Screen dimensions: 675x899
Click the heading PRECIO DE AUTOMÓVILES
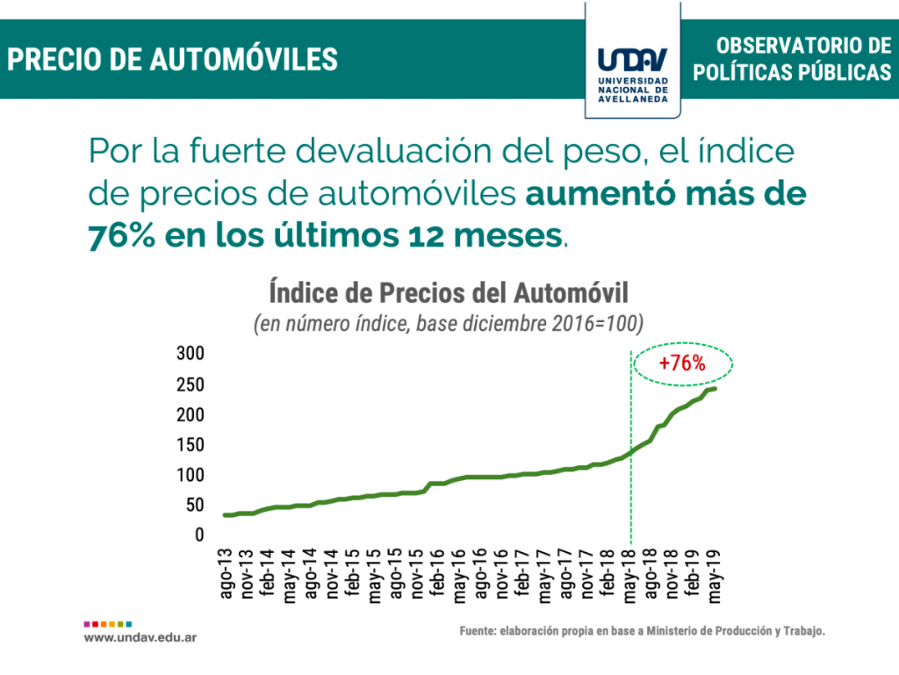coord(173,59)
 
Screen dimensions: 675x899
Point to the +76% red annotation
coord(682,363)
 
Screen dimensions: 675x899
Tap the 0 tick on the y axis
coord(199,535)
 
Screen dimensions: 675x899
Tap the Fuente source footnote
coord(642,631)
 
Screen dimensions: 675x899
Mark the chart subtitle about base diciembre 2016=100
coord(449,323)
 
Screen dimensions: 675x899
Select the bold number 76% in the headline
coord(122,236)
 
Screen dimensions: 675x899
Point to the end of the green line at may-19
coord(716,389)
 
